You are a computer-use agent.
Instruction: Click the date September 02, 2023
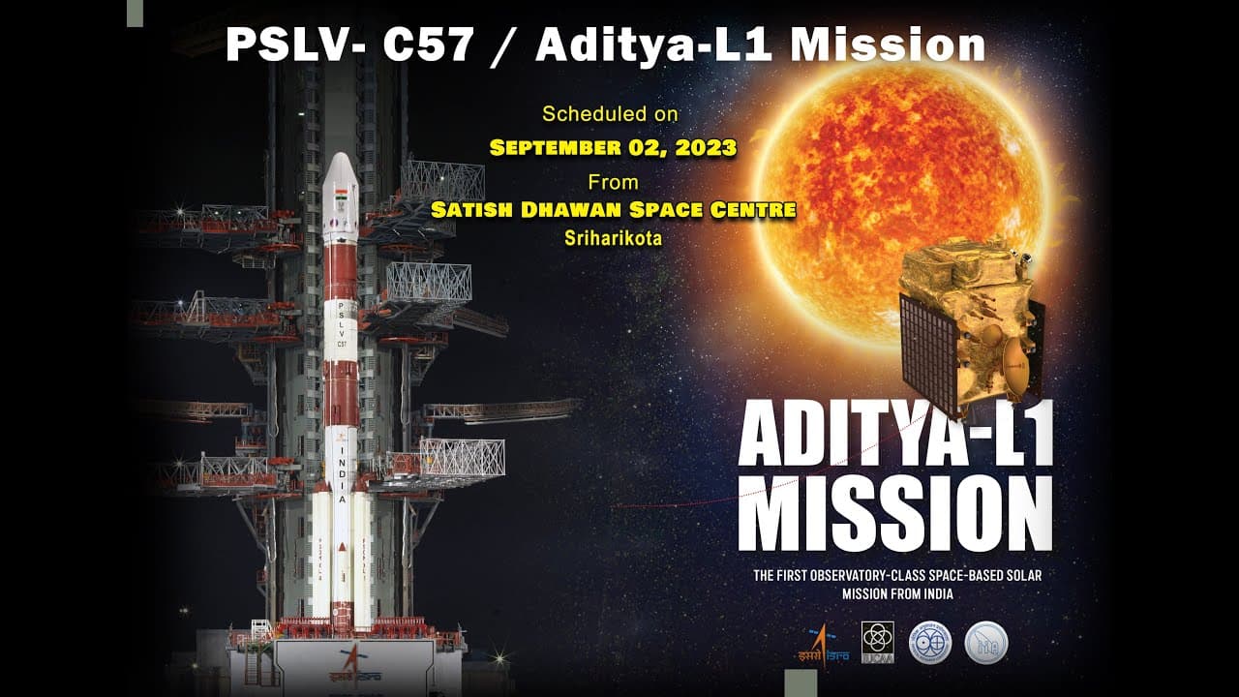coord(613,148)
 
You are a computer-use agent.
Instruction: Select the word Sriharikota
coord(614,239)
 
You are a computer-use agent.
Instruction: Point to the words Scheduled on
coord(610,114)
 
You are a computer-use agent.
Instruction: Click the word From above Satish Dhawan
coord(613,181)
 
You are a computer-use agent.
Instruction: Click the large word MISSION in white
coord(894,513)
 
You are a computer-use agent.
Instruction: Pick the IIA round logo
coord(985,642)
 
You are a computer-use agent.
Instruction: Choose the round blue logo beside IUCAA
coord(929,642)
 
